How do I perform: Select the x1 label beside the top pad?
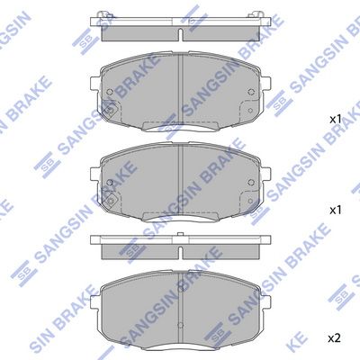coord(333,118)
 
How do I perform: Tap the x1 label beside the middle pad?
coord(333,208)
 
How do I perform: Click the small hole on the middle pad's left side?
coord(109,184)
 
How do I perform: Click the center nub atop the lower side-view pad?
coord(182,237)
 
